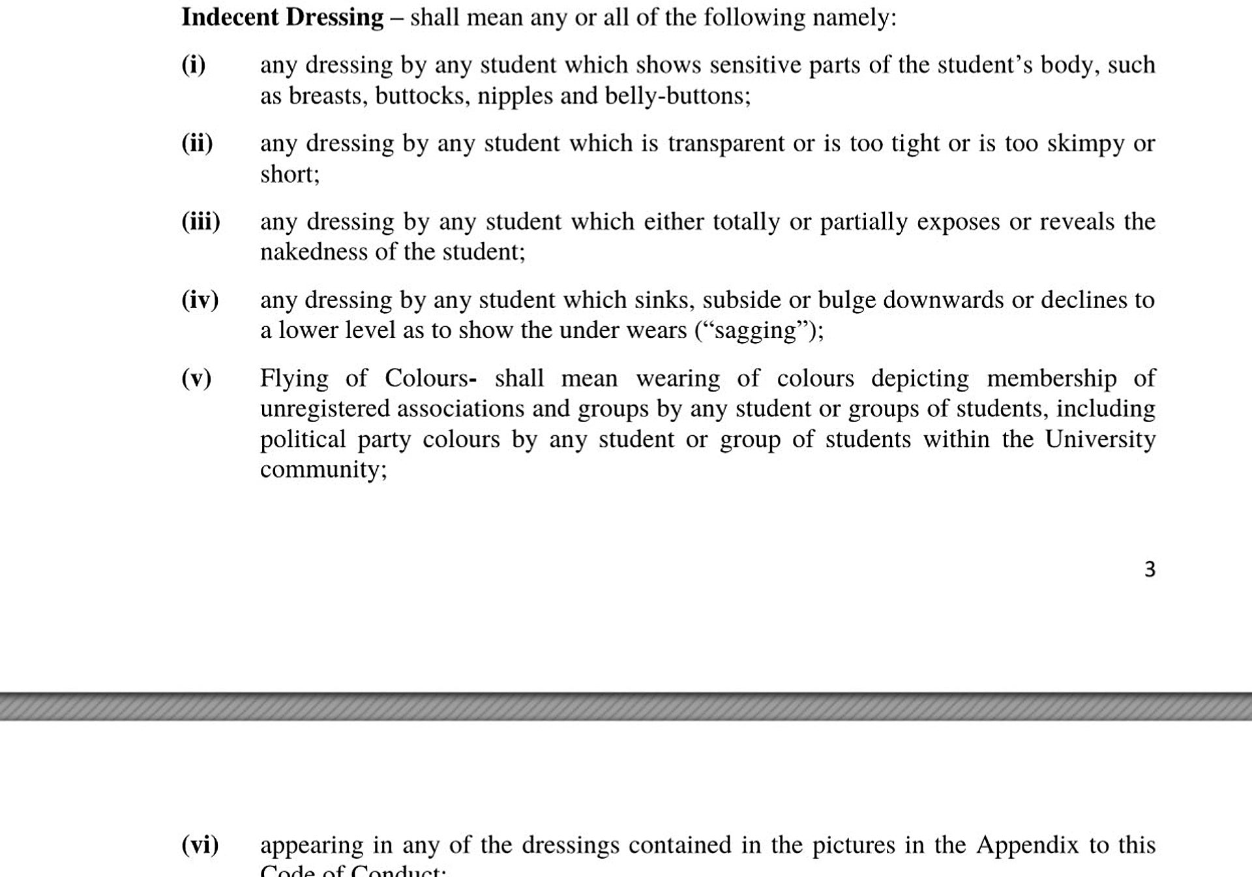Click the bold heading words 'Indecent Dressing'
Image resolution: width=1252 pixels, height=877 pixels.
click(x=282, y=18)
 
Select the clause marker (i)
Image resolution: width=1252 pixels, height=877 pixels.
click(x=194, y=65)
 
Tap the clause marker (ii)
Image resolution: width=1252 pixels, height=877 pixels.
click(x=197, y=144)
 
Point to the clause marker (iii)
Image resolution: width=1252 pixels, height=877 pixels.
click(x=201, y=222)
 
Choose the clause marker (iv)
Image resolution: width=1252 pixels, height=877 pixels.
click(x=200, y=300)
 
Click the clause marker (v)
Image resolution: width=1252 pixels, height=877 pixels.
click(x=196, y=378)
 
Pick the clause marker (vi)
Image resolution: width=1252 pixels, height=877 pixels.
click(x=200, y=845)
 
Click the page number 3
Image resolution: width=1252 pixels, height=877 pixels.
click(x=1150, y=570)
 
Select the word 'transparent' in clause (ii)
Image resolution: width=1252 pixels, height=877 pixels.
click(x=726, y=144)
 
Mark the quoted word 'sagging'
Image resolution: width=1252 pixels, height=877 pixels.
click(x=756, y=331)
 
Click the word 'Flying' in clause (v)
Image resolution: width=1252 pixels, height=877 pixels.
click(x=294, y=379)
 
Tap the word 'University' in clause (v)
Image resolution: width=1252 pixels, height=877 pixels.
click(x=1100, y=439)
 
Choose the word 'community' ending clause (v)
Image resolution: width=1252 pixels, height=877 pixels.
click(x=320, y=470)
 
